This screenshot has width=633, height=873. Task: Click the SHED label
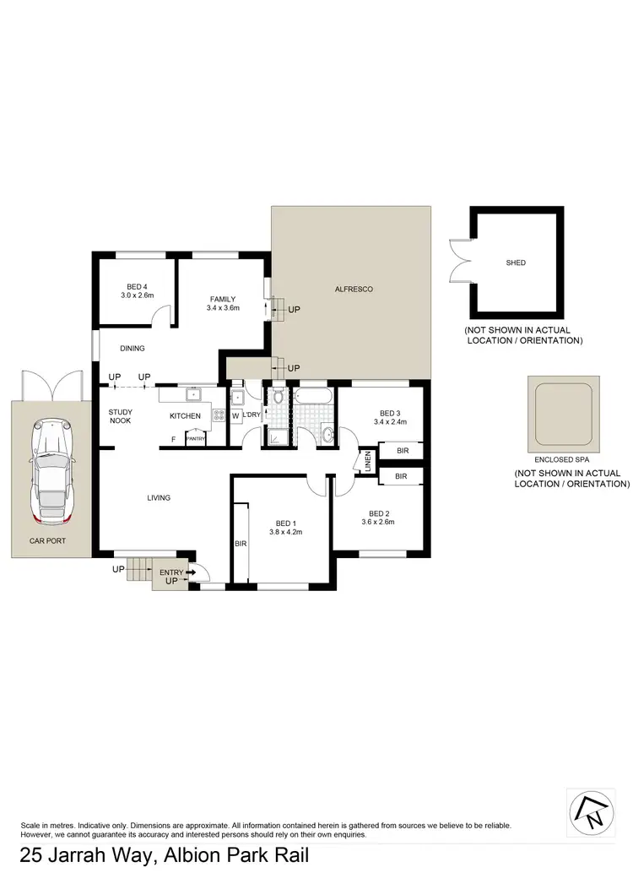[x=516, y=263]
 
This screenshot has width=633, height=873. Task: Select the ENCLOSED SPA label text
[x=560, y=460]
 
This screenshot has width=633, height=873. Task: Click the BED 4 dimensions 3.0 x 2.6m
[x=136, y=296]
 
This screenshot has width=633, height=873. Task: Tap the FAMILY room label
[x=223, y=299]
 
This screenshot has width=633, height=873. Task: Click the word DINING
[x=133, y=348]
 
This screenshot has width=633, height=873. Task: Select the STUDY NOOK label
[x=121, y=415]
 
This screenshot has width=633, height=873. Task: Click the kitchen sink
[x=193, y=393]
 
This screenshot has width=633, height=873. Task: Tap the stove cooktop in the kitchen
[x=218, y=415]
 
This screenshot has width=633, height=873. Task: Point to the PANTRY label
[x=196, y=439]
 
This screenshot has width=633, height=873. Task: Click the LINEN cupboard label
[x=368, y=462]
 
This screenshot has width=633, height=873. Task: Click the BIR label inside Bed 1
[x=241, y=545]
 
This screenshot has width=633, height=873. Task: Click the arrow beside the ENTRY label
[x=191, y=572]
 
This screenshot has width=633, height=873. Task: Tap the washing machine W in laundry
[x=235, y=415]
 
